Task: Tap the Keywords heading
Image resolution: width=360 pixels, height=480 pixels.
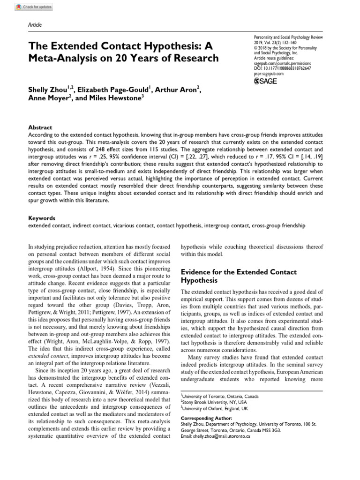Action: [x=42, y=218]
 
